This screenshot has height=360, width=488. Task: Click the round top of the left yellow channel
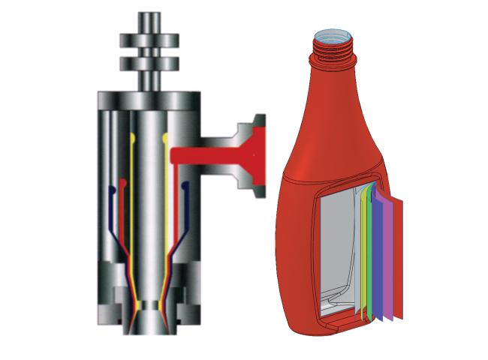[133, 138]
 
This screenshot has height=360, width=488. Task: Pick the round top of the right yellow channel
[165, 138]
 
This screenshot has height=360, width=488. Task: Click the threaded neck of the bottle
[330, 51]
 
